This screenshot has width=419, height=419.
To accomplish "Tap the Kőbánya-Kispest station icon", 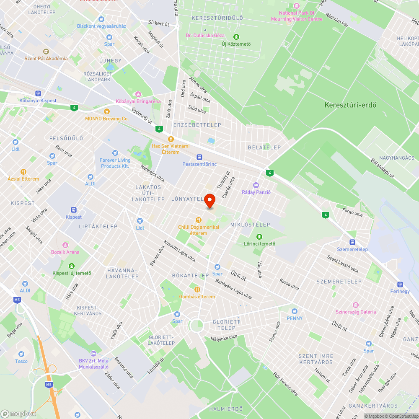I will pos(38,93).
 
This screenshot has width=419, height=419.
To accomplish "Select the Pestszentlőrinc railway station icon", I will pos(199,157).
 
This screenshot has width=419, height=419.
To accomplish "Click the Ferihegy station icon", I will pos(400,285).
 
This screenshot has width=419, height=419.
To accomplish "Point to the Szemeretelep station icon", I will pos(352,242).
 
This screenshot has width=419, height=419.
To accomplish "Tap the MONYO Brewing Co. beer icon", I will pos(106,111).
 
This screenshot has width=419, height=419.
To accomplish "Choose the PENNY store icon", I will pos(294,311).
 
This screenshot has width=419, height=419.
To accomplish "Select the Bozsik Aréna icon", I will pos(65,245).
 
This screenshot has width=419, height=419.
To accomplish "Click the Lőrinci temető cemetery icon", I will pos(259,237).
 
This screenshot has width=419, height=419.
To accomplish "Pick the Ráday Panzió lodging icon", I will pos(256,185).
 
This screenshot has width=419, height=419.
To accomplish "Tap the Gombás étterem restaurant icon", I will pos(197,290).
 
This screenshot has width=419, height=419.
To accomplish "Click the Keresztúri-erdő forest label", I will pos(350,105).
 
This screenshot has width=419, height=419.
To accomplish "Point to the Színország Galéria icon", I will pos(356,305).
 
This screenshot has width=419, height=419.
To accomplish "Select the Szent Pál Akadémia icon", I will pos(46,51).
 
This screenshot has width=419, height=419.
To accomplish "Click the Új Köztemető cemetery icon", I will pos(236,37).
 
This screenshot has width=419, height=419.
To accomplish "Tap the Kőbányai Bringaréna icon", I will pos(138,94).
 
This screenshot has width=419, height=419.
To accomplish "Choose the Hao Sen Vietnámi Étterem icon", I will pos(171,139).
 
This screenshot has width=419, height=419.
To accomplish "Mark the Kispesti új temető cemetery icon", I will pos(72,266).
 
